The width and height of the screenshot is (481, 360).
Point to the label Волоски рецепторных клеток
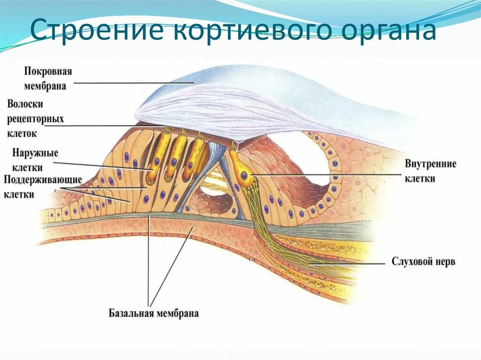(35, 118)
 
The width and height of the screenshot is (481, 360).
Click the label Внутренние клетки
(431, 171)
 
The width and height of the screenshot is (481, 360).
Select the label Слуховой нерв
(423, 261)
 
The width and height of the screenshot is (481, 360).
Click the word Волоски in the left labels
(29, 104)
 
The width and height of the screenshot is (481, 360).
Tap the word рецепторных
(35, 119)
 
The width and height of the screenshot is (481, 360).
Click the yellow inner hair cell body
(244, 176)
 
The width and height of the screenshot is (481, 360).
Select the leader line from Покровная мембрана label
(132, 83)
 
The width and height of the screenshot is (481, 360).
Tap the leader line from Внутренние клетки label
(329, 175)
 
